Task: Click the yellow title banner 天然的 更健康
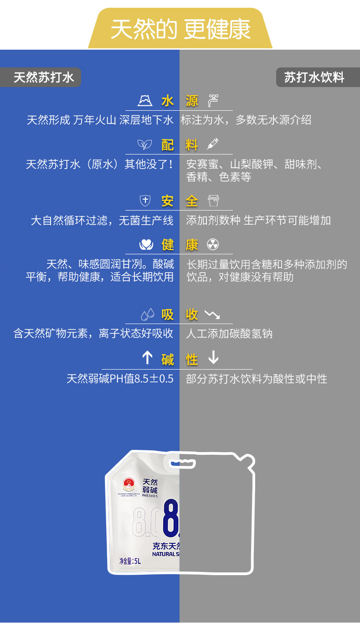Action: click(180, 29)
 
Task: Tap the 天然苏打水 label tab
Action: click(43, 77)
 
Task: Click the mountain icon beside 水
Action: click(145, 100)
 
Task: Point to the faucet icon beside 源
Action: click(213, 100)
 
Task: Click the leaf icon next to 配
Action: click(144, 145)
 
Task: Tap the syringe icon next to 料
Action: click(213, 144)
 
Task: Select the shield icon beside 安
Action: click(145, 201)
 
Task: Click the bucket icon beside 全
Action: click(213, 201)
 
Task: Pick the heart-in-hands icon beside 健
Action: click(146, 245)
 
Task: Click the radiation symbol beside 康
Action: click(213, 244)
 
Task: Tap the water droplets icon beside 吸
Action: click(147, 314)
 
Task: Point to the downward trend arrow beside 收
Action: click(212, 314)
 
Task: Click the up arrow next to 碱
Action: click(147, 358)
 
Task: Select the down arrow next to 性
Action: click(213, 358)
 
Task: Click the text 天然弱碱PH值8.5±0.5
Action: click(120, 379)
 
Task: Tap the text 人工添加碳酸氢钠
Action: click(229, 334)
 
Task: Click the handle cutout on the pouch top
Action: click(182, 464)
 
